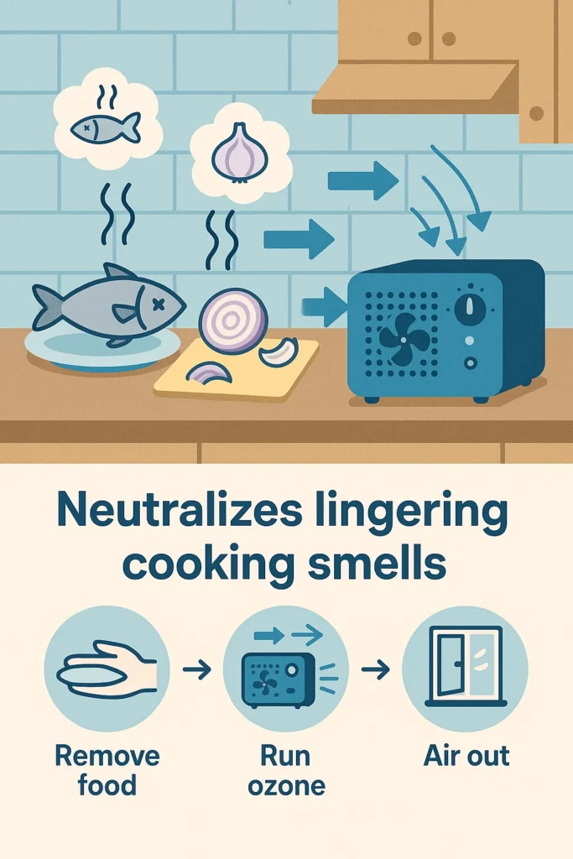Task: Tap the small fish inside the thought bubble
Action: pyautogui.click(x=105, y=127)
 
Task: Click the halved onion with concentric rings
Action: pyautogui.click(x=233, y=321)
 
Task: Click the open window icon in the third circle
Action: pyautogui.click(x=464, y=668)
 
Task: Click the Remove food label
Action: pyautogui.click(x=107, y=770)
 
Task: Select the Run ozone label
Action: pyautogui.click(x=285, y=770)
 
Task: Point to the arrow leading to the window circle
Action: pyautogui.click(x=377, y=669)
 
